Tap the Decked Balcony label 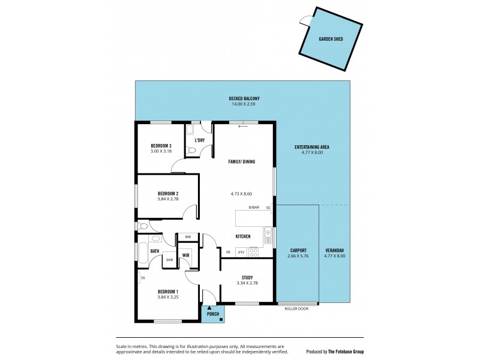coord(244,99)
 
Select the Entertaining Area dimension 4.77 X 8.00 coord(312,152)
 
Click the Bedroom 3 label coord(161,146)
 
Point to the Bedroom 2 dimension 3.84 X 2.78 coord(168,199)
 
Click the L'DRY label coord(200,140)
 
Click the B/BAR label coord(254,208)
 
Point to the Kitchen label coord(243,236)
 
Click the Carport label coord(298,250)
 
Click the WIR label coord(186,254)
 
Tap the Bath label coord(155,251)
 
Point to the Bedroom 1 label coord(168,292)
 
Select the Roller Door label coord(295,308)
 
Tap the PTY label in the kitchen coord(241,252)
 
